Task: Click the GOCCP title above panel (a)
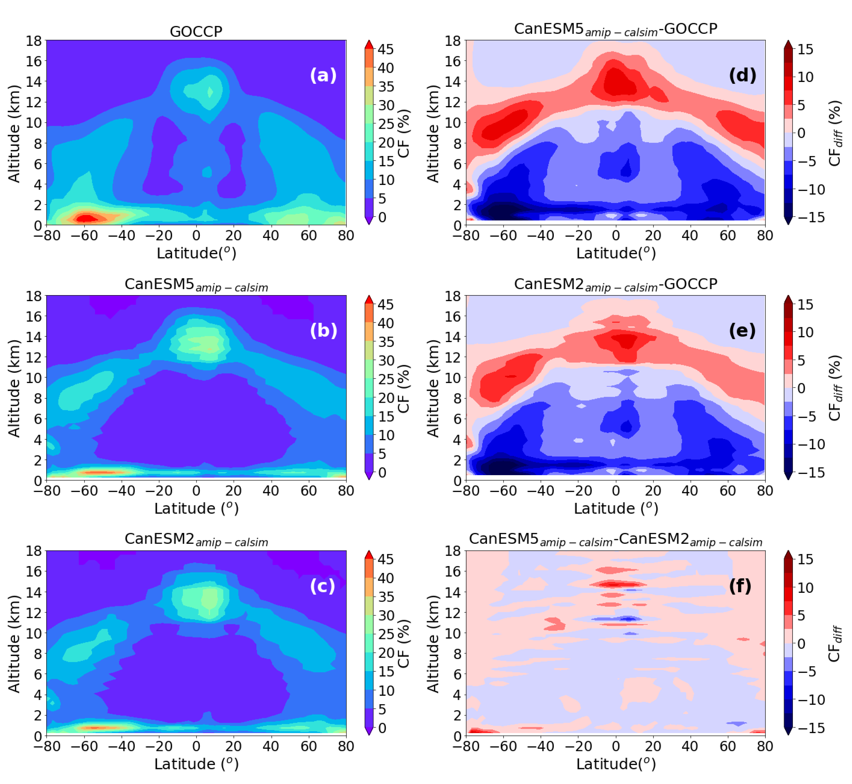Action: [196, 31]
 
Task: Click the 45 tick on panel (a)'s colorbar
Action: [385, 49]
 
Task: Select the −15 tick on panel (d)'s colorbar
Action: [811, 217]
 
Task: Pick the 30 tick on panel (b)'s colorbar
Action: [385, 361]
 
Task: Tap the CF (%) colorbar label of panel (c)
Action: [404, 643]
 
